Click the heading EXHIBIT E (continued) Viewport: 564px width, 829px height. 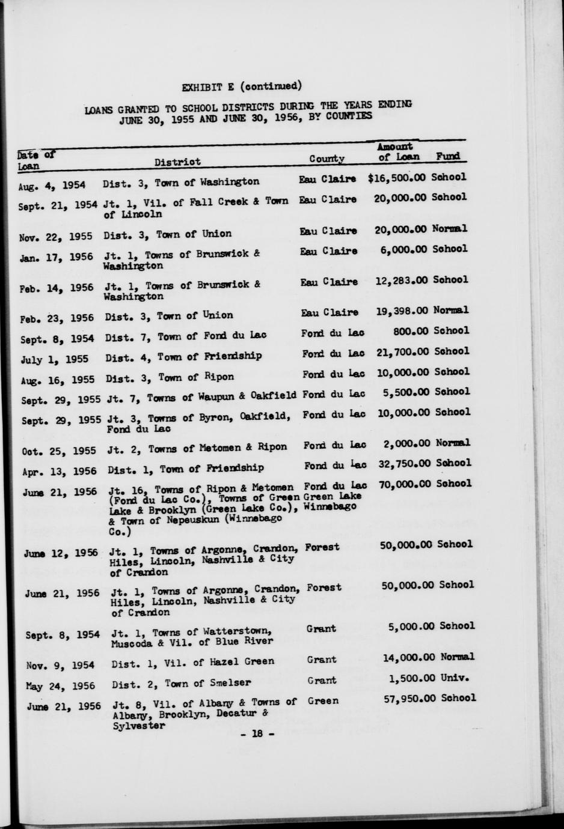[x=242, y=85]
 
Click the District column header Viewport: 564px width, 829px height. [x=177, y=162]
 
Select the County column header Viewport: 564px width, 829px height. [x=326, y=159]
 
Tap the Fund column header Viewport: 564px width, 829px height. [x=448, y=156]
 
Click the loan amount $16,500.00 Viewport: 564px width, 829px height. [x=397, y=178]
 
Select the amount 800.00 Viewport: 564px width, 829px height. [x=411, y=330]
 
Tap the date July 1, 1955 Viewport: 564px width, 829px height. [x=55, y=359]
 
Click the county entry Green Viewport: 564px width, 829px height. [x=323, y=700]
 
